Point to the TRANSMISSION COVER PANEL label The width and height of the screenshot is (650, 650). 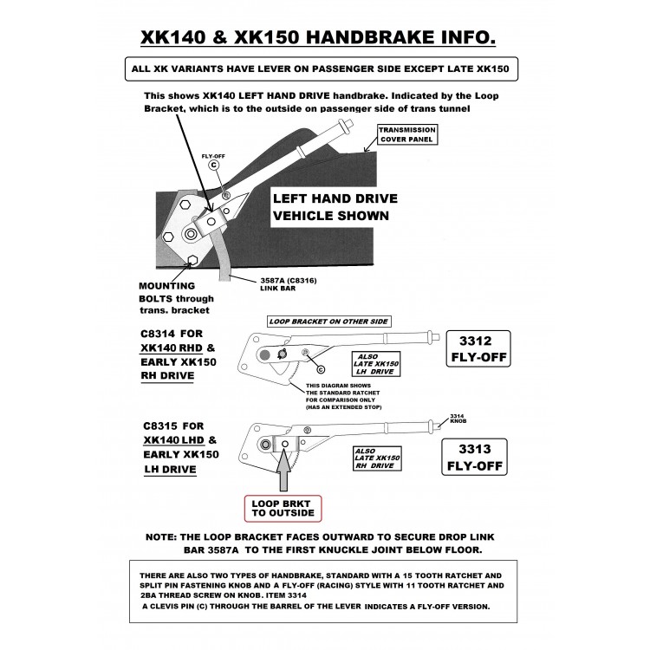406,134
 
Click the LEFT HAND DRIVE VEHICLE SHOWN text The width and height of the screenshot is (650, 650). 330,205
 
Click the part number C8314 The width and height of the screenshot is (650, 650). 159,334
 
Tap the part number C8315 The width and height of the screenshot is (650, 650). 159,426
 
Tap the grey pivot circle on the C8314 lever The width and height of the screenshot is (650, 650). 262,354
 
